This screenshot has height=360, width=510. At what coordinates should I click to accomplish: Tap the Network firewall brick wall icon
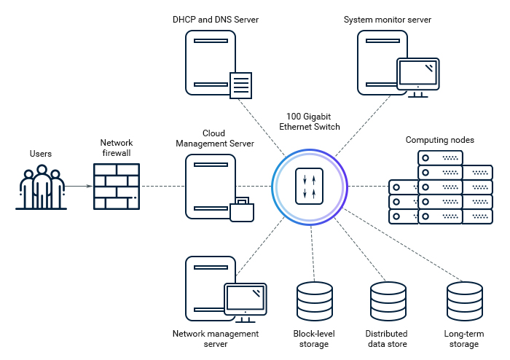(117, 187)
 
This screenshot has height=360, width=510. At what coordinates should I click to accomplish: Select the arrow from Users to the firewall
(79, 187)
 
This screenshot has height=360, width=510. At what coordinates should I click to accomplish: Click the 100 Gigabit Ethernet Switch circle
(309, 187)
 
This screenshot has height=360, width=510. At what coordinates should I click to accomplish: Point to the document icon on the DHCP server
(241, 85)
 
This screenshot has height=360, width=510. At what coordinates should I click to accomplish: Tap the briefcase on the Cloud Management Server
(242, 209)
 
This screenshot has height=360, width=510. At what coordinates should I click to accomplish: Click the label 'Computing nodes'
(439, 139)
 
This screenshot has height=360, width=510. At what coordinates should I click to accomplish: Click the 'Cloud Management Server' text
(215, 138)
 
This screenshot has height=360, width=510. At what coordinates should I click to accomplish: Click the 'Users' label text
(41, 154)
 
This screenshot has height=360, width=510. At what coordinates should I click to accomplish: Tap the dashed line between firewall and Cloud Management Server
(162, 187)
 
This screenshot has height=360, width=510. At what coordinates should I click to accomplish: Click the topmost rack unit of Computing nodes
(440, 157)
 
